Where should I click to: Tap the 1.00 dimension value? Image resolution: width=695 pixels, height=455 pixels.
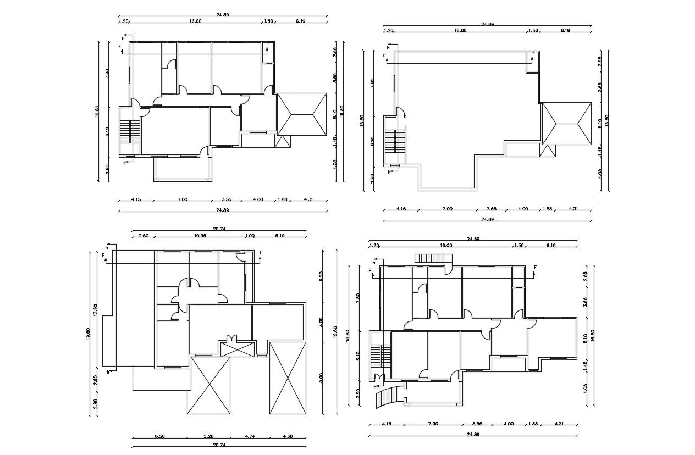point(250,236)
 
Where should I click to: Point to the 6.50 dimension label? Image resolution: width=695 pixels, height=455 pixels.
point(159,436)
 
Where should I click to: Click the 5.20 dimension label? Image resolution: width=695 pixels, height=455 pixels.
point(208,436)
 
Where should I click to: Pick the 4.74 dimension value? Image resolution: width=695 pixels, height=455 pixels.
point(250,436)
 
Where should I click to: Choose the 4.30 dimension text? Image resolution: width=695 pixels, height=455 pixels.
point(288,436)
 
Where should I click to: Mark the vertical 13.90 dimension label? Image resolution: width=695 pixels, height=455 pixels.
point(96,310)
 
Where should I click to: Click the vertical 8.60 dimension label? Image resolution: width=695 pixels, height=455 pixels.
point(321,378)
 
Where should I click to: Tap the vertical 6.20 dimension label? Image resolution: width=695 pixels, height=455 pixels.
point(321,276)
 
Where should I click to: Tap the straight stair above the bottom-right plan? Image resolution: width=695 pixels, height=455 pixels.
point(432,258)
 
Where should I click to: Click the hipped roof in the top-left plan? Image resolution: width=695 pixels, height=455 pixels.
point(302,114)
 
